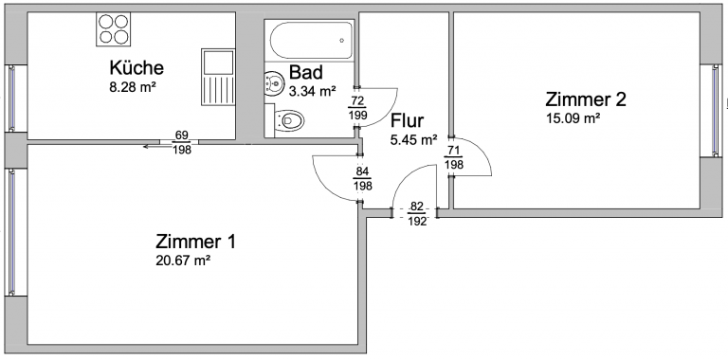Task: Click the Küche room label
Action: pyautogui.click(x=136, y=67)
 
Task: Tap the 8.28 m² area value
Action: pyautogui.click(x=133, y=87)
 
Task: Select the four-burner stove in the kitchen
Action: pyautogui.click(x=114, y=28)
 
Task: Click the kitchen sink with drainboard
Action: pyautogui.click(x=218, y=76)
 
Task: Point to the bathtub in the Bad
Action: pyautogui.click(x=311, y=40)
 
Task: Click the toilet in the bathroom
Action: pyautogui.click(x=288, y=121)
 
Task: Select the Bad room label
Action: pyautogui.click(x=305, y=72)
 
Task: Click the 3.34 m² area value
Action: pyautogui.click(x=312, y=91)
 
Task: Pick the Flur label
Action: pyautogui.click(x=408, y=120)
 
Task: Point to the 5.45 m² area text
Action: pyautogui.click(x=413, y=139)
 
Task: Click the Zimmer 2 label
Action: pyautogui.click(x=586, y=99)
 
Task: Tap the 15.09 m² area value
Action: pyautogui.click(x=572, y=118)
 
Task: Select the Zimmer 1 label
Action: pyautogui.click(x=195, y=242)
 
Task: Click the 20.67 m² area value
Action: pyautogui.click(x=183, y=261)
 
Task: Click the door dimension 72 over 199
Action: pyautogui.click(x=357, y=108)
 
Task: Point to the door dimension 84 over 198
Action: pyautogui.click(x=363, y=179)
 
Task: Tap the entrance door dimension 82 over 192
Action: pyautogui.click(x=417, y=214)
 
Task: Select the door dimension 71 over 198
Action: pyautogui.click(x=454, y=157)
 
